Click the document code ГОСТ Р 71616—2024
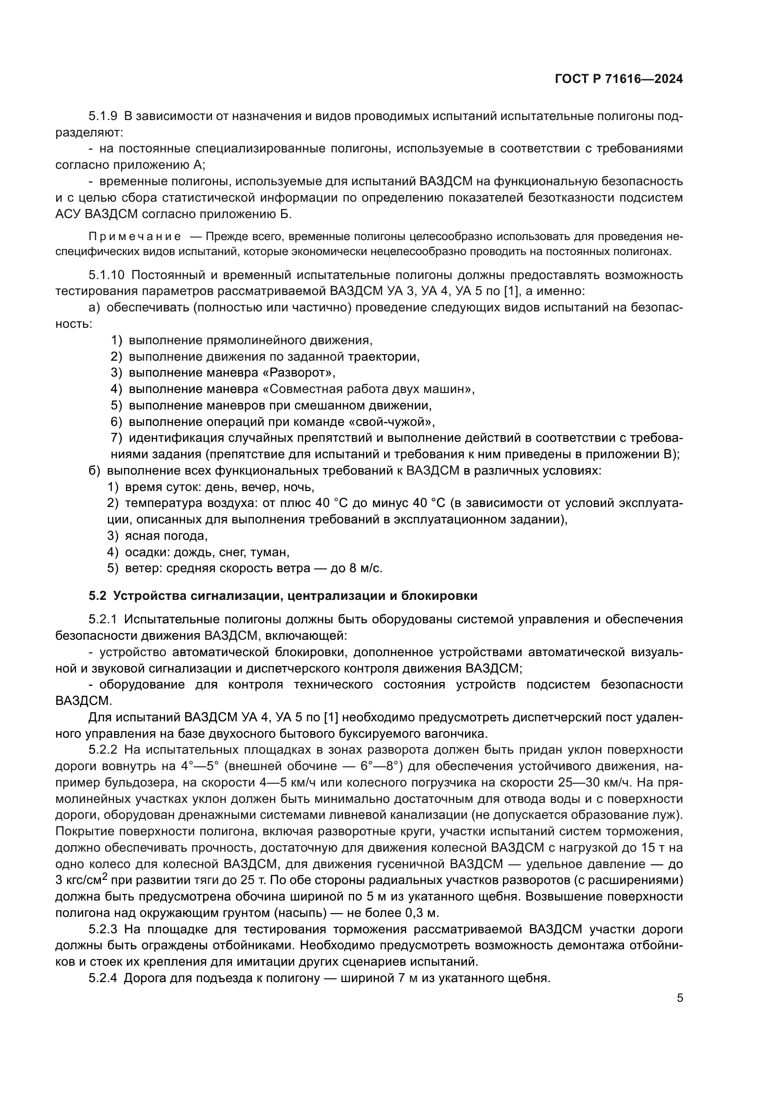tap(619, 79)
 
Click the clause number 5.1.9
tap(103, 116)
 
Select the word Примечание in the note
tap(135, 237)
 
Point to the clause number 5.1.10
tap(106, 275)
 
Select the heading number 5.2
tap(97, 596)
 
